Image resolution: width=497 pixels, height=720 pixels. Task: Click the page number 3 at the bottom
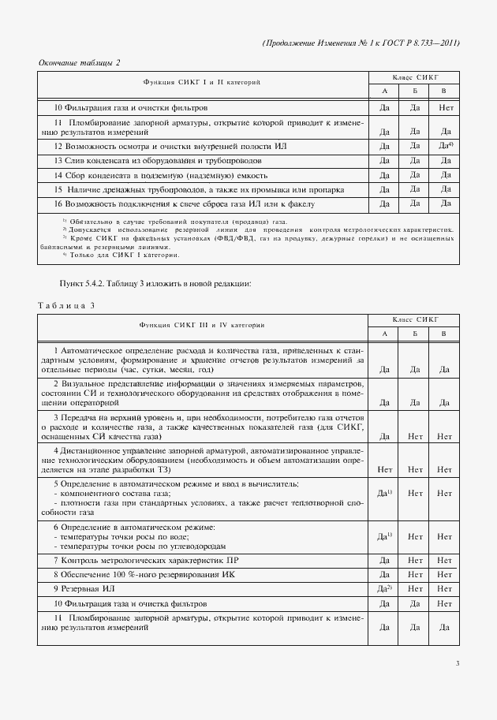click(457, 663)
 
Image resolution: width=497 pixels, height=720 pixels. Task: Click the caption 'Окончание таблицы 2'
click(80, 62)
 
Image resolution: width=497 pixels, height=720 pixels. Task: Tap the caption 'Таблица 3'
click(66, 305)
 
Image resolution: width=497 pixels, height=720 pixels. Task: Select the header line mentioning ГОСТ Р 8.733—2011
click(360, 43)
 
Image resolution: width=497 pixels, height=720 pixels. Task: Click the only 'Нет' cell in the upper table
click(445, 106)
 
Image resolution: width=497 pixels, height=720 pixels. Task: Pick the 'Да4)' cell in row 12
click(445, 146)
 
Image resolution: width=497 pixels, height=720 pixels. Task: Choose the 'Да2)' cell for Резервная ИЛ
click(385, 588)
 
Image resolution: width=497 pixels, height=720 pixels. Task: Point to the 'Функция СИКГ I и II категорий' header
click(202, 82)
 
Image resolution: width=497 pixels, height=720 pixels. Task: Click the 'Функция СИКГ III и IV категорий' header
click(202, 325)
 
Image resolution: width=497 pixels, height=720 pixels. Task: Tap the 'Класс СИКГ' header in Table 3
click(414, 319)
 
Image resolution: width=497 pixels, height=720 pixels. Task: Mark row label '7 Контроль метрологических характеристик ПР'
click(148, 559)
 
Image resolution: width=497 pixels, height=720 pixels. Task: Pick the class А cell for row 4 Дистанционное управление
click(385, 468)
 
